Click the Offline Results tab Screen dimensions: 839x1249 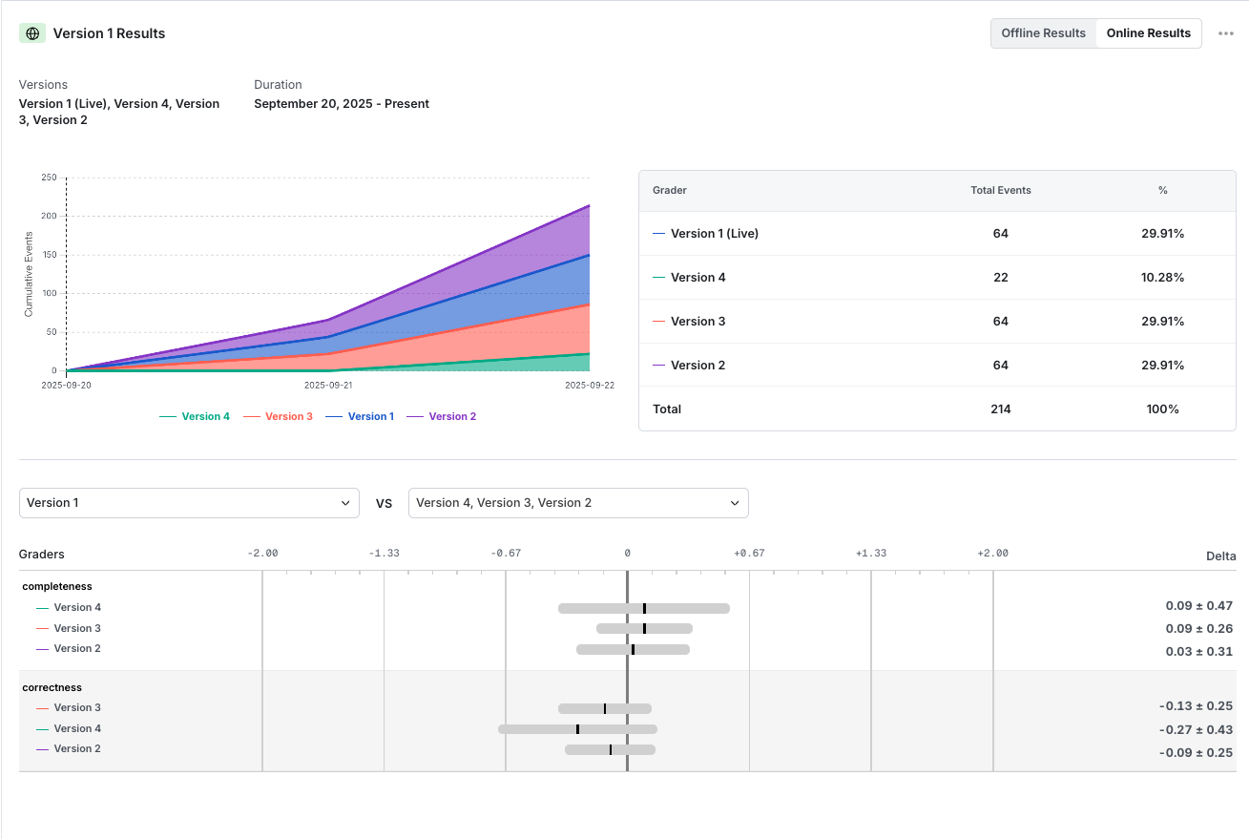(x=1043, y=33)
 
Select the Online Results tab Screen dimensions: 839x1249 (x=1148, y=33)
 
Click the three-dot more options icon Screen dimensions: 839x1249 (x=1226, y=33)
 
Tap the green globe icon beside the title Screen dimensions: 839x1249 (x=32, y=33)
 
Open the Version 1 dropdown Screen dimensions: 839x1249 (x=189, y=503)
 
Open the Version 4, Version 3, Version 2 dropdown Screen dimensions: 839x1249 (x=578, y=503)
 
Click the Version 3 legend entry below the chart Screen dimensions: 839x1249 (x=278, y=416)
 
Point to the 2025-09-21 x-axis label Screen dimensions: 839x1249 (x=327, y=386)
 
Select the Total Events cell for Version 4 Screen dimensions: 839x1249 (x=1000, y=278)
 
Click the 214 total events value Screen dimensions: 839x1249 (x=1000, y=409)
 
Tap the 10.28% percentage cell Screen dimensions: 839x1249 (x=1162, y=278)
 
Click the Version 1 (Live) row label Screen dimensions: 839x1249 (x=714, y=234)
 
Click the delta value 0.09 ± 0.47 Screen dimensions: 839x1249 (x=1198, y=606)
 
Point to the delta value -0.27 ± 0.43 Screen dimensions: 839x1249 (x=1196, y=730)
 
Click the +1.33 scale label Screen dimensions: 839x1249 (x=870, y=554)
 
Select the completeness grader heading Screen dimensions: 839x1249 (x=57, y=586)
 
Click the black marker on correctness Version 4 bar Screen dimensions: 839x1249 (x=577, y=729)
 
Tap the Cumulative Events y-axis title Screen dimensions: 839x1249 (x=29, y=274)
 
